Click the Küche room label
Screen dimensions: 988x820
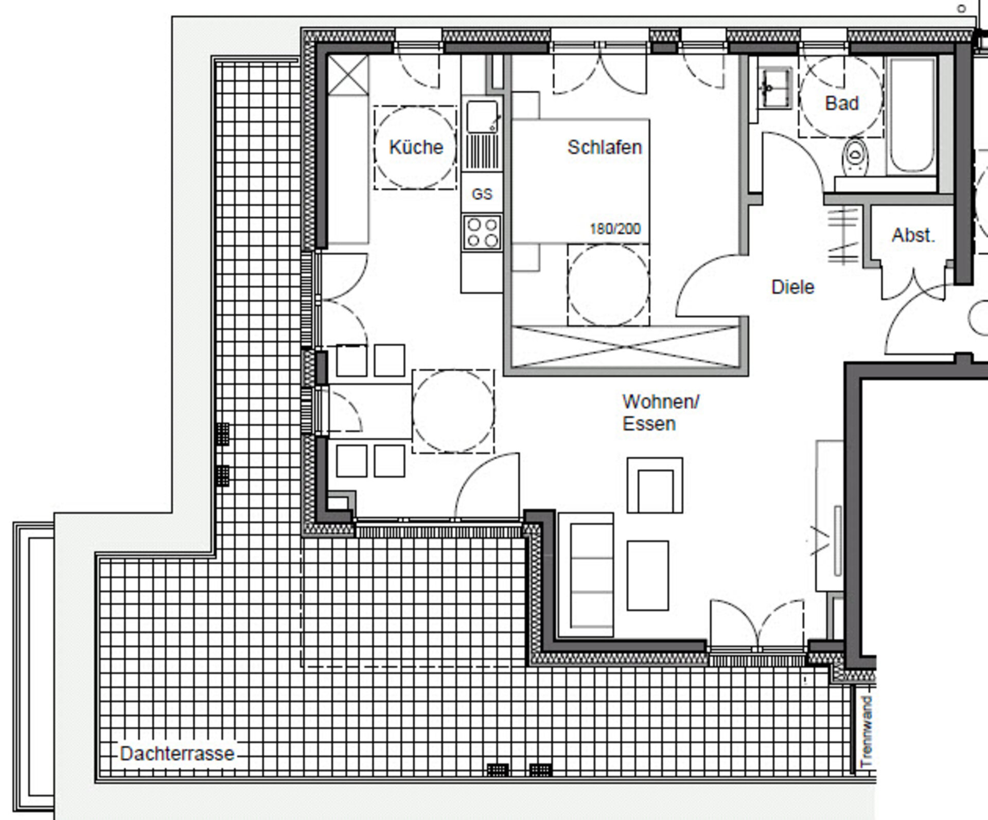[416, 147]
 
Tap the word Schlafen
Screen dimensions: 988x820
[605, 148]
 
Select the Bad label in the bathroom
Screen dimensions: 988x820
[842, 103]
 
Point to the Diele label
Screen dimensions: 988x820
[792, 287]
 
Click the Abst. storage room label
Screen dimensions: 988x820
[913, 235]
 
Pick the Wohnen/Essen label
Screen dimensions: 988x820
[661, 412]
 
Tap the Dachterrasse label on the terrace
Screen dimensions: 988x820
[177, 754]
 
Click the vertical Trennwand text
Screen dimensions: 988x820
[867, 731]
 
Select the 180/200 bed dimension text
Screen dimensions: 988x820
[615, 229]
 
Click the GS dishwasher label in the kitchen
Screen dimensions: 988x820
[482, 194]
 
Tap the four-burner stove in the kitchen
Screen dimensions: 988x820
[482, 233]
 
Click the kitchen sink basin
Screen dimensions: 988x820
[482, 116]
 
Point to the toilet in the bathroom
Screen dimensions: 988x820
[855, 156]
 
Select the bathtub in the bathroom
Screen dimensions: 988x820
[912, 116]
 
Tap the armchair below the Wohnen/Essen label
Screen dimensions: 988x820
[655, 485]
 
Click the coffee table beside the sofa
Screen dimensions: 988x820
[647, 575]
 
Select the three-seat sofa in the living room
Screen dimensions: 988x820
[586, 574]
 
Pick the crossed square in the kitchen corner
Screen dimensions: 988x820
[348, 75]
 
